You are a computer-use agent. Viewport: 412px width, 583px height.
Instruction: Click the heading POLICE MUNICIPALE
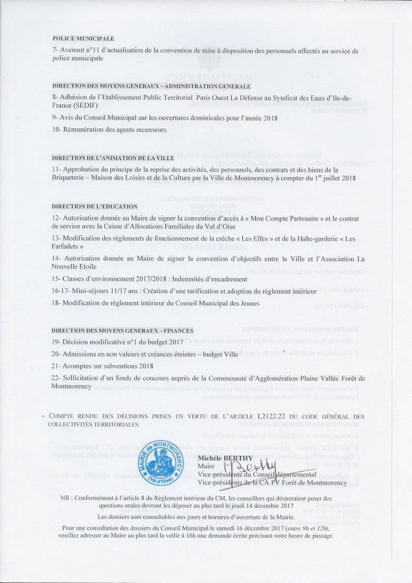point(83,38)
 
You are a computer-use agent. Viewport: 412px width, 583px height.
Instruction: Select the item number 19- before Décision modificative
point(56,341)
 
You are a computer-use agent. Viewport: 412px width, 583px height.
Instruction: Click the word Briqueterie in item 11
point(72,178)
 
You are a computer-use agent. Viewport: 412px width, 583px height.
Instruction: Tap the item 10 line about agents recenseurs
point(109,129)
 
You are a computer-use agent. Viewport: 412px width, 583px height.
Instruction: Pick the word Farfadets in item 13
point(65,247)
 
